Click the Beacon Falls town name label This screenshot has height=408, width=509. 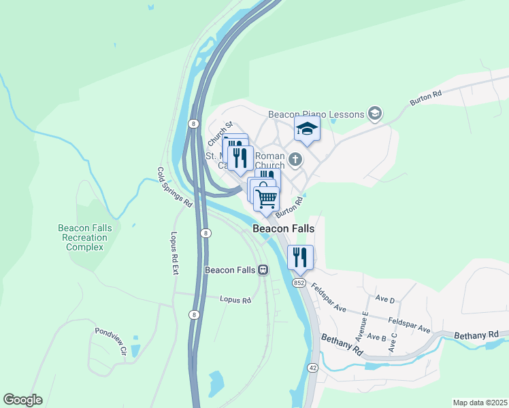283,229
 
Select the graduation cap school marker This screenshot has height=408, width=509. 307,128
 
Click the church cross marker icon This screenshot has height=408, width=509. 295,160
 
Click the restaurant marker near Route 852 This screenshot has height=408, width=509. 300,257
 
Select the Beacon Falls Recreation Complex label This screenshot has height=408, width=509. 84,237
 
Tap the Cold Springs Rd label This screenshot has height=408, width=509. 175,187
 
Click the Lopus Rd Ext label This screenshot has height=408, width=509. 174,252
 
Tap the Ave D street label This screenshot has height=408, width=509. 385,299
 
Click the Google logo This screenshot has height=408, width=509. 22,400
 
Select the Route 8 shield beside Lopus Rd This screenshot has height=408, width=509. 194,314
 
